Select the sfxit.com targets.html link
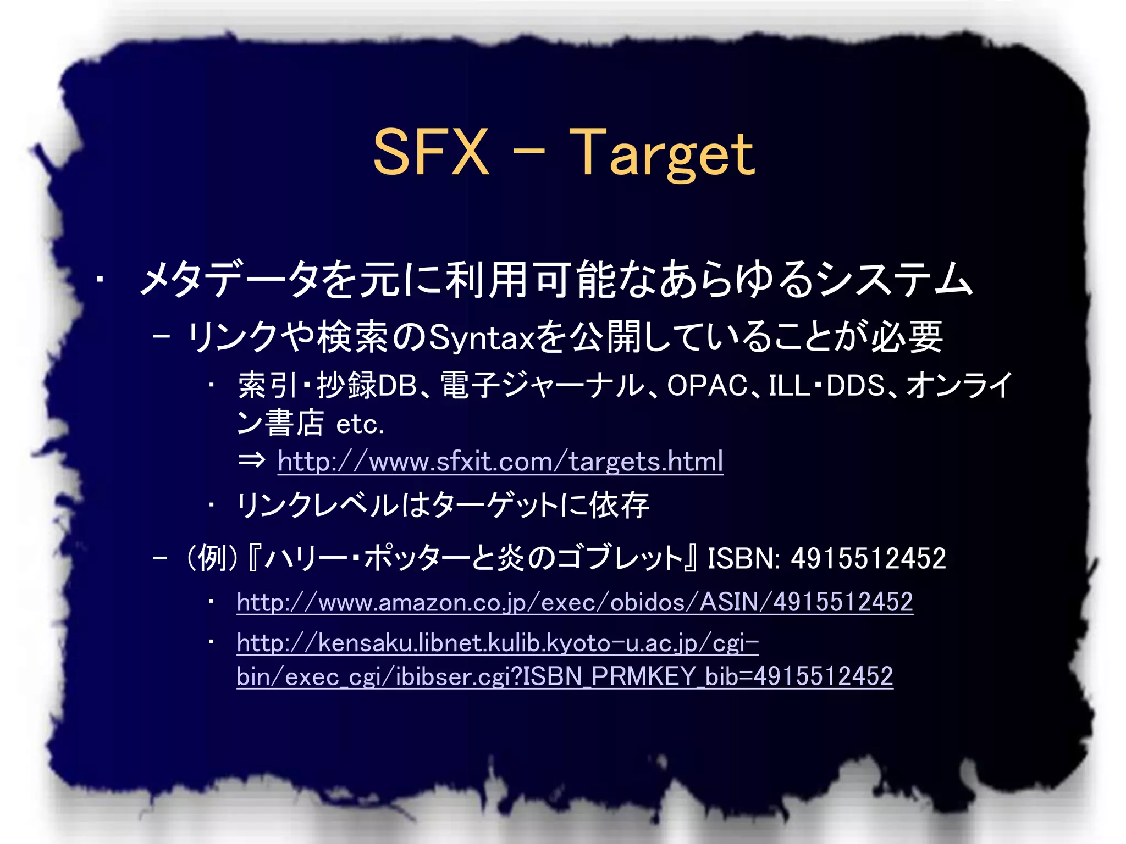[500, 461]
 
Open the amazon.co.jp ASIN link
[575, 602]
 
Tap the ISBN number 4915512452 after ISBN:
[868, 558]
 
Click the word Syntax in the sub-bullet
[482, 337]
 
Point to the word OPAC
[707, 386]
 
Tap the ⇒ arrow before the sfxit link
[252, 460]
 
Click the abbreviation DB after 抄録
[397, 386]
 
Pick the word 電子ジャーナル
[542, 386]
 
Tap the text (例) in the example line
[212, 558]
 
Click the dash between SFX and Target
[529, 149]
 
